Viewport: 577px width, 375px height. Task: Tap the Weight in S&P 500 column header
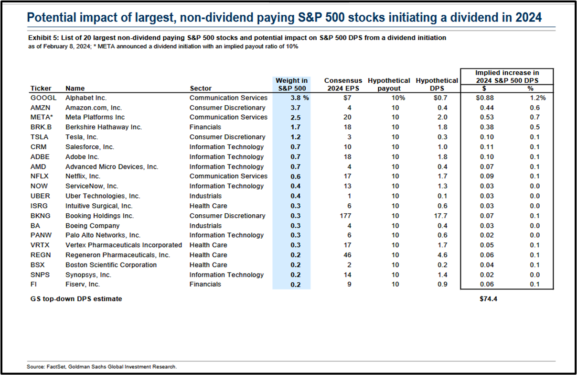coord(291,84)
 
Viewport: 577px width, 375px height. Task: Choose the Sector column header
coord(201,88)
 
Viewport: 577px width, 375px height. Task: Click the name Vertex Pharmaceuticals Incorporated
coord(124,245)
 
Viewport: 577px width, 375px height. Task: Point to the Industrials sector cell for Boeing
coord(205,226)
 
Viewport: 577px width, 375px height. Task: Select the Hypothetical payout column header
coord(389,84)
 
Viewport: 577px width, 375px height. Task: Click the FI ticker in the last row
coord(33,284)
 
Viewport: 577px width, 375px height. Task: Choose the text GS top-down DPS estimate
coord(76,299)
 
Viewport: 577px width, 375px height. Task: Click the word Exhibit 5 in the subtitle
coord(42,38)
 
